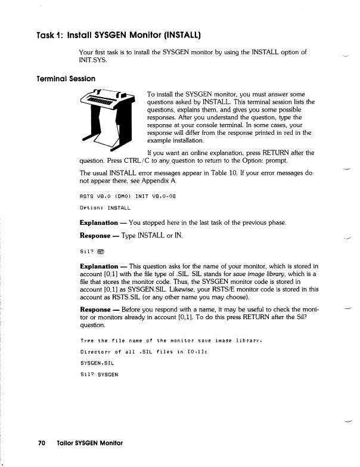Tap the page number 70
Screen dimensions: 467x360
point(42,443)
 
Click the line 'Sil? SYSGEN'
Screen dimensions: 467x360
point(100,374)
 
